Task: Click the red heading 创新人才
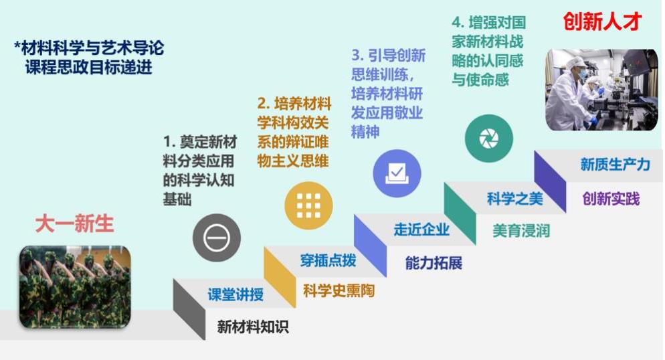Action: tap(602, 21)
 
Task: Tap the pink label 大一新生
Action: tap(75, 223)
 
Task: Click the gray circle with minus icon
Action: tap(217, 238)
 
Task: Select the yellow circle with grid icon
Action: tap(309, 205)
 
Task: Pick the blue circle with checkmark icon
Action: tap(397, 173)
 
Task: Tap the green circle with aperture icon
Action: tap(489, 139)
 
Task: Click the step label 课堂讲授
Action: tap(235, 294)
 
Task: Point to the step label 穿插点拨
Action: tap(328, 260)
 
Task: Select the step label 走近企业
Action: tap(421, 230)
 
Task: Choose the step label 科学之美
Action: tap(515, 199)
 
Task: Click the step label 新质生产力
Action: tap(615, 164)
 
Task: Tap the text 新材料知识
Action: tap(253, 327)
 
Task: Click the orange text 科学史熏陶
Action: tap(339, 291)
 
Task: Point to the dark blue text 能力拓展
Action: tap(434, 263)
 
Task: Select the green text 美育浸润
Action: tap(521, 231)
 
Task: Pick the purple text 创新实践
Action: tap(611, 199)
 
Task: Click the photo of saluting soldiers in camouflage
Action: tap(75, 287)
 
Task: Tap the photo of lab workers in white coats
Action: tap(601, 90)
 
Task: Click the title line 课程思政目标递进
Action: tap(88, 68)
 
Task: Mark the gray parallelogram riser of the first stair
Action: tap(189, 309)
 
